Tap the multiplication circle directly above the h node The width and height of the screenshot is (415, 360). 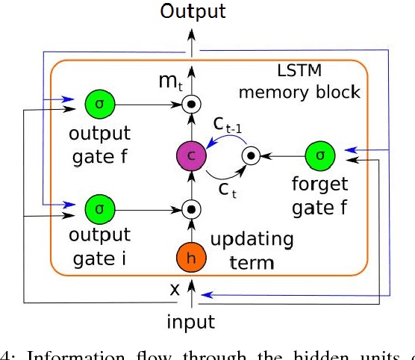tap(193, 208)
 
